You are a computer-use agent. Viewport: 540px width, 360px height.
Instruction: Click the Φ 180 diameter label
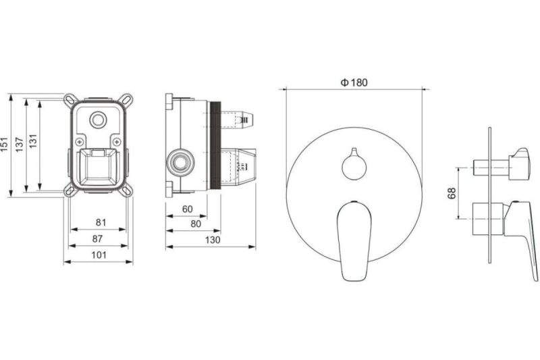354,82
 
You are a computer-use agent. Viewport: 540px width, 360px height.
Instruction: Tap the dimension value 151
4,145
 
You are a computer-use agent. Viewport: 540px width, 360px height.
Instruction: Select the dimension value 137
20,145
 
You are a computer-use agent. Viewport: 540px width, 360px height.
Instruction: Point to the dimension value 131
32,141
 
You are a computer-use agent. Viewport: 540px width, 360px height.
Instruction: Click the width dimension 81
101,222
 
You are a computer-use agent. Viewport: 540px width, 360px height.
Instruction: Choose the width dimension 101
99,255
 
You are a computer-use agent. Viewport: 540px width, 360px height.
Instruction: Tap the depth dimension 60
188,209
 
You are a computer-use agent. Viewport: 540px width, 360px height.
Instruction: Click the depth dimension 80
196,224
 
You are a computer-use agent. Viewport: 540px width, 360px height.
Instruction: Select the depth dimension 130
213,240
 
